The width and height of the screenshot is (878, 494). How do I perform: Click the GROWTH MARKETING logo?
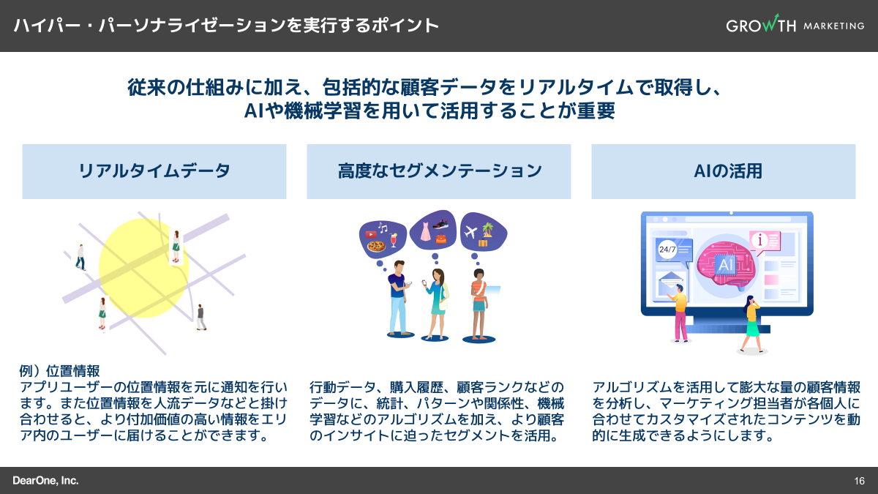coord(795,26)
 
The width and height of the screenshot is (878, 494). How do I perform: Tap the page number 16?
coord(859,481)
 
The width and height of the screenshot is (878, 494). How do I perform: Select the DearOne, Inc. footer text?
coord(45,481)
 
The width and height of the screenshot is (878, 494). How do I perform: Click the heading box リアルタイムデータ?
coord(154,171)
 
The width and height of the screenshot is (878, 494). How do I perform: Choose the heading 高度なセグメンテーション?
coord(439,171)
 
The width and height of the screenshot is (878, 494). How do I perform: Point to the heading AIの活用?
coord(723,171)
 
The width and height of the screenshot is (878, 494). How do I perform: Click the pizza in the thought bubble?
coord(377,247)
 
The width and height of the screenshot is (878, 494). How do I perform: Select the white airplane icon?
coord(472,231)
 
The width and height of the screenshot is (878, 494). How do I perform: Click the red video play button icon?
coord(370,234)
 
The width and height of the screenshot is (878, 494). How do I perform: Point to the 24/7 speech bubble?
coord(668,250)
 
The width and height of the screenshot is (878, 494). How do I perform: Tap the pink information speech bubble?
coord(762,240)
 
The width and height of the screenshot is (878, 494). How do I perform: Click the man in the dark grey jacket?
coord(200,317)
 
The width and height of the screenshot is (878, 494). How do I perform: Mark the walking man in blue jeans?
coord(80,258)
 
